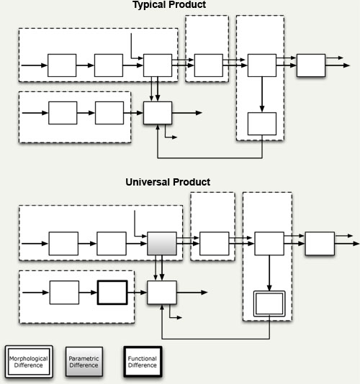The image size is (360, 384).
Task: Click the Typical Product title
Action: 169,5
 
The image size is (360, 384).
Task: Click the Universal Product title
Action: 168,182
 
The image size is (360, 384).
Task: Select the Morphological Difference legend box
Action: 29,362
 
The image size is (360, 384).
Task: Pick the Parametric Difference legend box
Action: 84,362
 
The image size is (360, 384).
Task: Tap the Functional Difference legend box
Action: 143,362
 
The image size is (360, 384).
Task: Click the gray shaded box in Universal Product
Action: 161,244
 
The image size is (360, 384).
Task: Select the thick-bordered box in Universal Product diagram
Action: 112,293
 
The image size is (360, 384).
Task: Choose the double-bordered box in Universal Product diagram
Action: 269,303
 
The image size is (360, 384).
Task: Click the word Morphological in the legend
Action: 29,359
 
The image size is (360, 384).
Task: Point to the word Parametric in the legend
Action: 84,359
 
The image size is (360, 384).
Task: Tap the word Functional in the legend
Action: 143,359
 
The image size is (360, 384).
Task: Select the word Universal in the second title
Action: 148,182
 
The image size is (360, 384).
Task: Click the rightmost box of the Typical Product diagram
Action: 311,65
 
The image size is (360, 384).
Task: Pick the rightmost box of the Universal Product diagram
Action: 320,244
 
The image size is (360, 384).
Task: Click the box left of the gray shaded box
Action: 112,244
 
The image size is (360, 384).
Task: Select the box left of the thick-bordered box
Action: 64,293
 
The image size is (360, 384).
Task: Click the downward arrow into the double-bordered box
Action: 269,273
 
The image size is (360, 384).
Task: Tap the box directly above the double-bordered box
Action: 269,244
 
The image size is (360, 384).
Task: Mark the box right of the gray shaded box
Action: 215,244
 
